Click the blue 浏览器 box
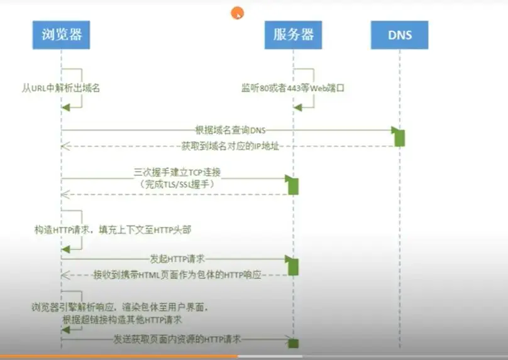[x=61, y=34]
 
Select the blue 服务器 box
[x=293, y=34]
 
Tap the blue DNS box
[x=399, y=34]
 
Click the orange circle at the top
[x=237, y=12]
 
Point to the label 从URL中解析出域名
[x=60, y=89]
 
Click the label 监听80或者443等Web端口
[x=292, y=89]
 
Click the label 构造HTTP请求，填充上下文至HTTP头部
[x=113, y=231]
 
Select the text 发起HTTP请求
[x=178, y=258]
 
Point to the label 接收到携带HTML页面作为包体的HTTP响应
[x=177, y=275]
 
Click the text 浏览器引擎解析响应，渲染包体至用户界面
[x=119, y=308]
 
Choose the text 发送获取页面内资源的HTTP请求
[x=177, y=339]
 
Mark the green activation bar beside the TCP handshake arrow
[x=293, y=185]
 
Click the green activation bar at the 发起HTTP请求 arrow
[x=293, y=266]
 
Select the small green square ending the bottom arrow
[x=293, y=343]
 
